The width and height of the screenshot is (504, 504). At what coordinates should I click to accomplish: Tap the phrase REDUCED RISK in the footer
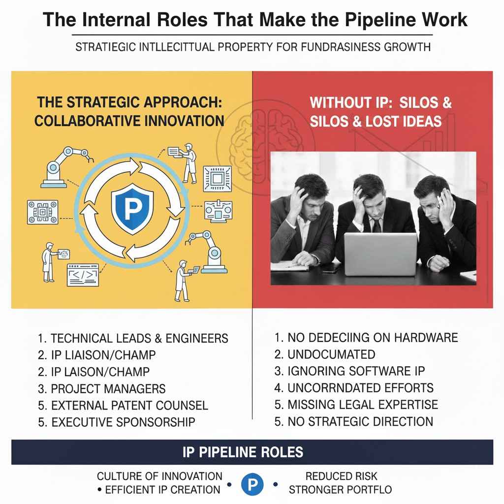pos(341,476)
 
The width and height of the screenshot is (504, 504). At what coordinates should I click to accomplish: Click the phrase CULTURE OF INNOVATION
pos(159,476)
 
